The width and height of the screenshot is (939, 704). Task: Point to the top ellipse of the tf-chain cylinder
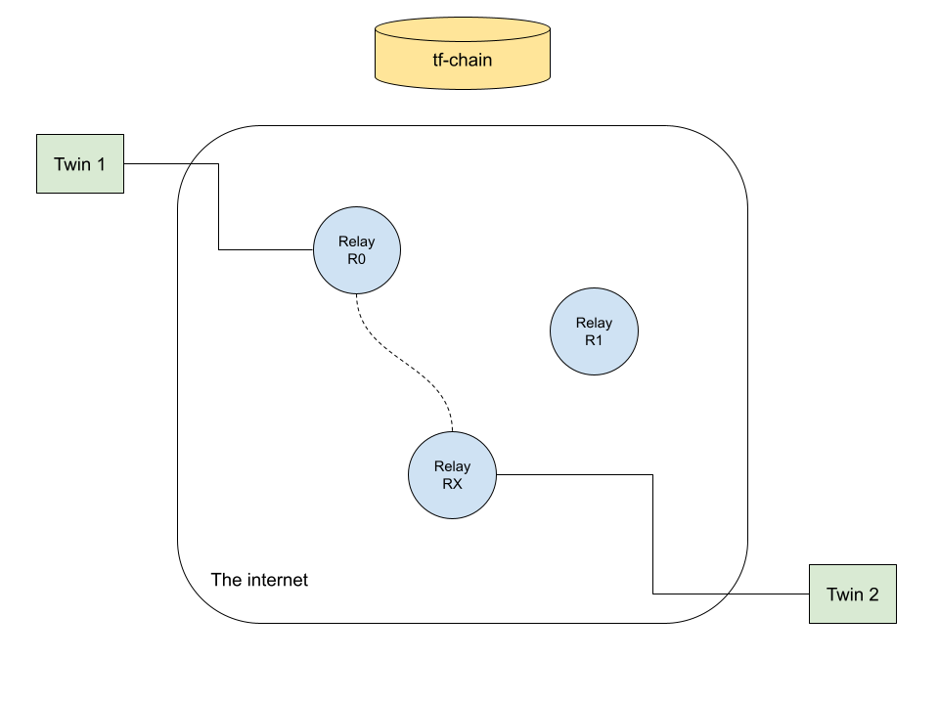tap(463, 29)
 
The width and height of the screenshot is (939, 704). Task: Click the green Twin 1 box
tap(80, 163)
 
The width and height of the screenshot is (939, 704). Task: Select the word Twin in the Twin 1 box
tap(71, 164)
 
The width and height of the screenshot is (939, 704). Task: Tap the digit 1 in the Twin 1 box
tap(100, 164)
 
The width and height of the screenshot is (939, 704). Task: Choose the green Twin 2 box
tap(853, 594)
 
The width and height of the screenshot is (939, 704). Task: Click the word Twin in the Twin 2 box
tap(844, 594)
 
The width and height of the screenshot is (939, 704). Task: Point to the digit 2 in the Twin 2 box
tap(873, 594)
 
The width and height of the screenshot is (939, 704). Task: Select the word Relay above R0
tap(356, 242)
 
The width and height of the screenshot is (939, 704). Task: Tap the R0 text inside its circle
tap(356, 259)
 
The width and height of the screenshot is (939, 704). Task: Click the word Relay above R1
tap(594, 323)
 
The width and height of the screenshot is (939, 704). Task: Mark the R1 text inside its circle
tap(594, 340)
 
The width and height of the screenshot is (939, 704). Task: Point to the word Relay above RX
tap(452, 466)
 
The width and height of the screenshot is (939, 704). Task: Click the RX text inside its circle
tap(452, 483)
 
